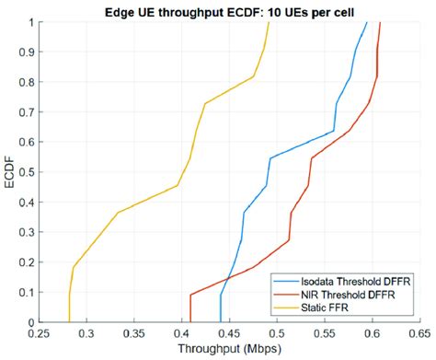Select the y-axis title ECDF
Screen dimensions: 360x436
[x=9, y=171]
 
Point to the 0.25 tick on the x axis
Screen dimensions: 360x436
[x=40, y=334]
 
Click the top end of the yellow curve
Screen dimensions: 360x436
[x=269, y=22]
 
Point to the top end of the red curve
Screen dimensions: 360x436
[x=380, y=22]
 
